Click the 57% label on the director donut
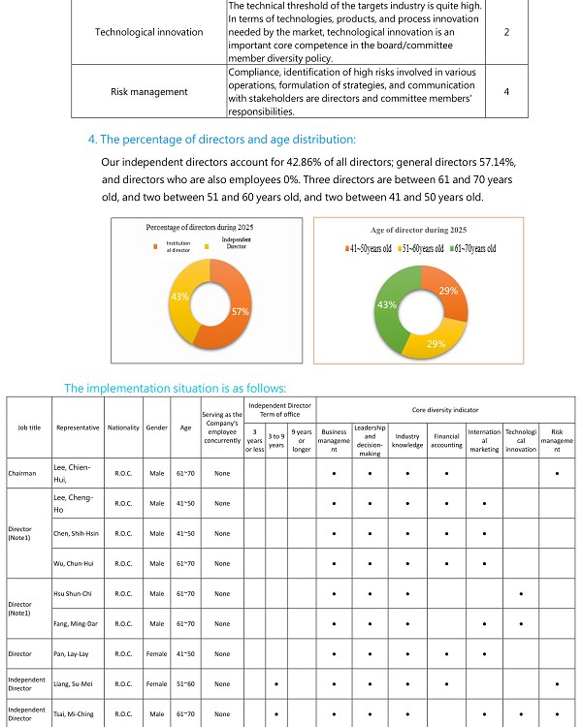pyautogui.click(x=241, y=311)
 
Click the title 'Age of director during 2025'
pyautogui.click(x=419, y=230)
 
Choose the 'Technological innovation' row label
pyautogui.click(x=149, y=32)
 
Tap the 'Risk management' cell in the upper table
pyautogui.click(x=149, y=92)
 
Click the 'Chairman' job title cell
pyautogui.click(x=22, y=474)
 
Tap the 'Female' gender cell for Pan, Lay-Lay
pyautogui.click(x=157, y=654)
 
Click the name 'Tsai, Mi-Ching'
pyautogui.click(x=74, y=713)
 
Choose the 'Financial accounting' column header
pyautogui.click(x=445, y=442)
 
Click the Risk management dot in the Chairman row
pyautogui.click(x=556, y=474)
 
